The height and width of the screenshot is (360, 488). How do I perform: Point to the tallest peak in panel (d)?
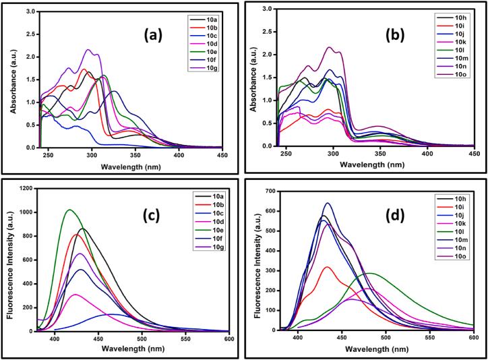pyautogui.click(x=328, y=203)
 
